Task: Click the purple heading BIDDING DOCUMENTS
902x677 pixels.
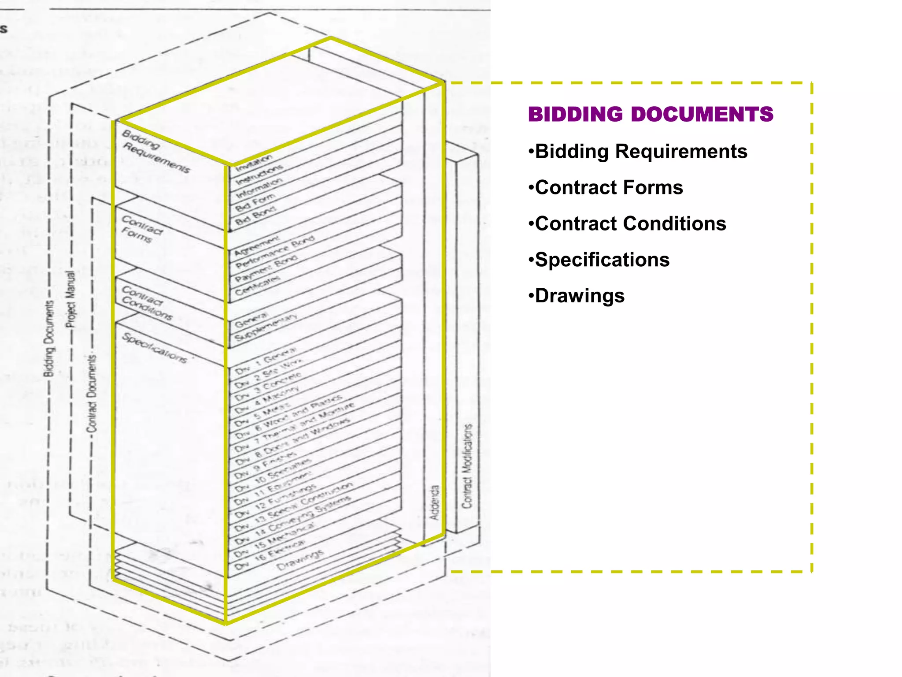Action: pos(650,114)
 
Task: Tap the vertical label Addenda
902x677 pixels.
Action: pos(435,502)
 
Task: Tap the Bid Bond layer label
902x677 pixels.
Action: pos(255,216)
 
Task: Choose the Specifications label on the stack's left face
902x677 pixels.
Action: pos(155,348)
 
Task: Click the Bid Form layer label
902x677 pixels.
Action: pos(255,202)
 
